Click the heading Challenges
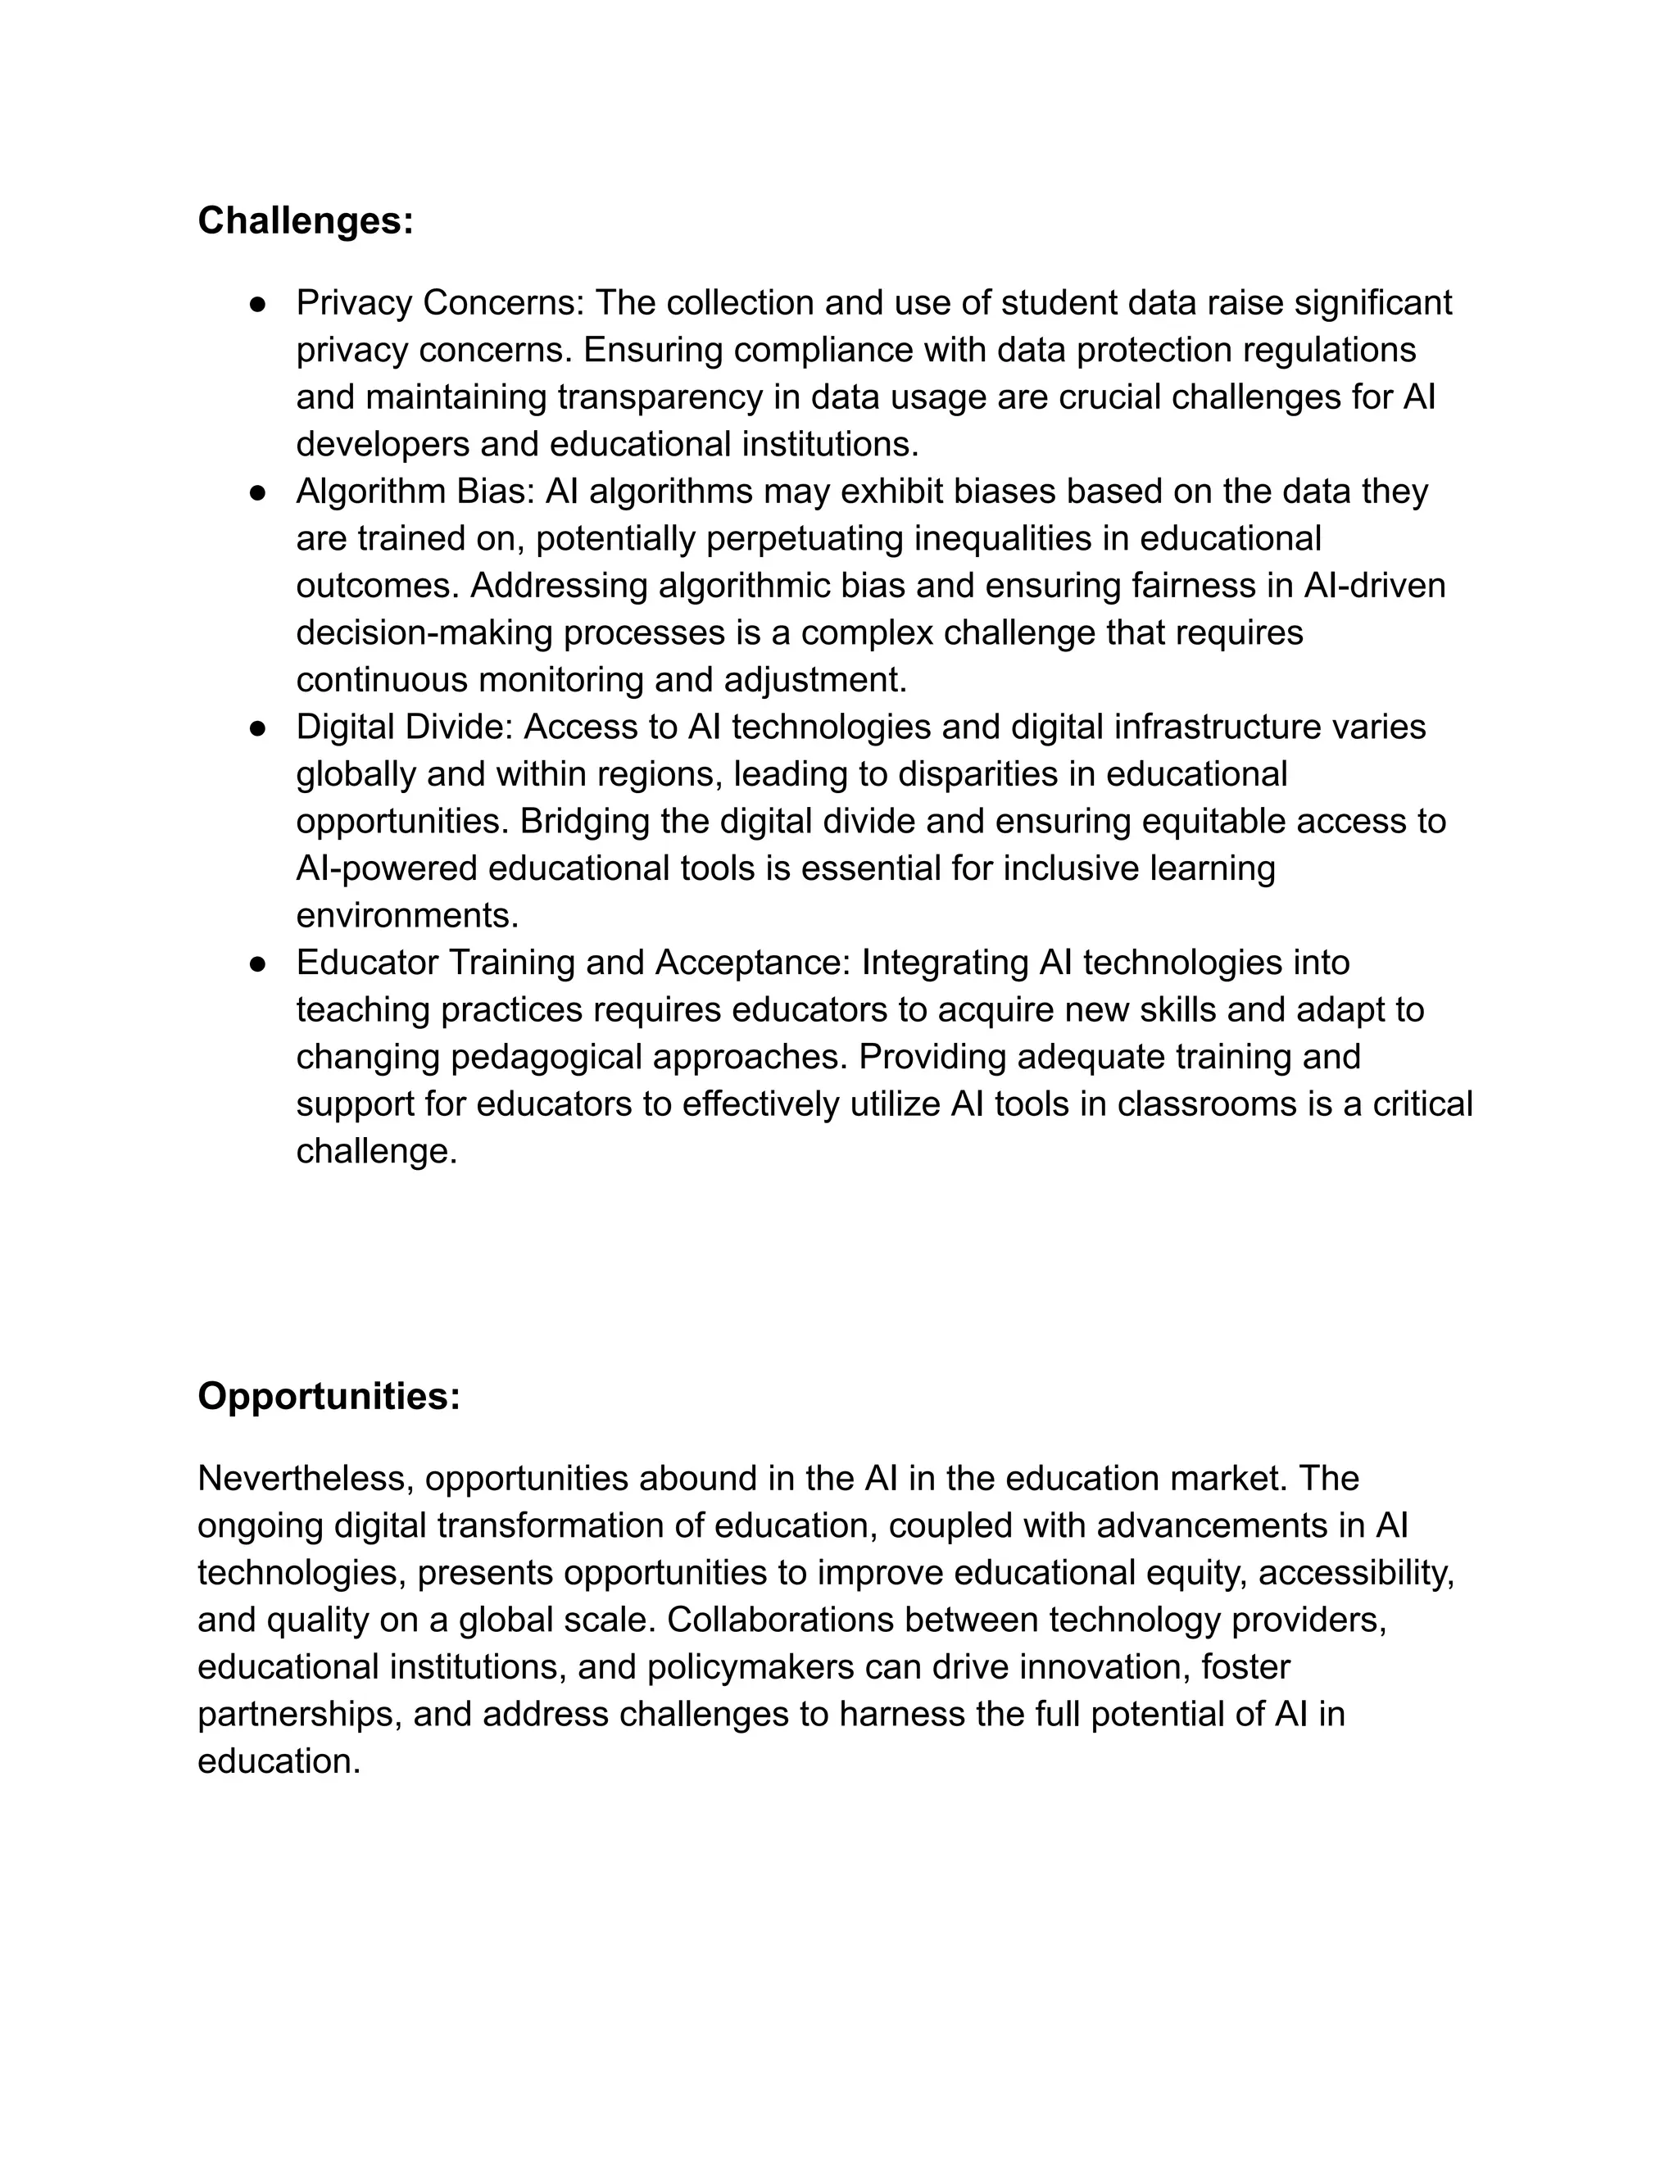[305, 220]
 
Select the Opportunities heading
[329, 1397]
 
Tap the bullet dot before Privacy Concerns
[257, 303]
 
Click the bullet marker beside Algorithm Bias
[257, 492]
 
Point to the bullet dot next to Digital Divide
[257, 727]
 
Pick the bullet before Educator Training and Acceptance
[257, 963]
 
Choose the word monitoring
[560, 681]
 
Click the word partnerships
[299, 1715]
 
